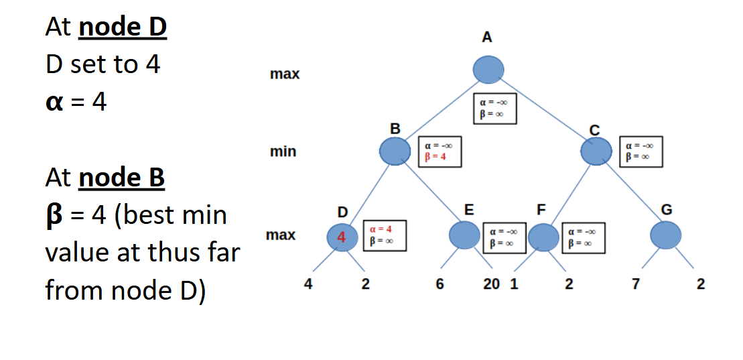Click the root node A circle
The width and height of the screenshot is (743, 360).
[x=488, y=70]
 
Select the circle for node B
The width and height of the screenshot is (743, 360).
[x=395, y=152]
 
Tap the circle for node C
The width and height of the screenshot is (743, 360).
[x=596, y=152]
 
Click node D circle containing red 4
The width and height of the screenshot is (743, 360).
[x=342, y=237]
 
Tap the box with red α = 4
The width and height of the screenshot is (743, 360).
[x=385, y=236]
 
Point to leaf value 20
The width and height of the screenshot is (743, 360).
[x=491, y=284]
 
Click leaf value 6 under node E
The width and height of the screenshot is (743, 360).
[x=440, y=284]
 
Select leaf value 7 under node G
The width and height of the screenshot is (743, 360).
[x=636, y=284]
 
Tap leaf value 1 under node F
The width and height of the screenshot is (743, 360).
[x=514, y=284]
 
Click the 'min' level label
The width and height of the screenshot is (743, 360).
[x=283, y=152]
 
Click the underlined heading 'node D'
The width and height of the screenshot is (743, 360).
[x=123, y=27]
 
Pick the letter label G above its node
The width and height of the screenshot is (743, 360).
[x=666, y=210]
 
